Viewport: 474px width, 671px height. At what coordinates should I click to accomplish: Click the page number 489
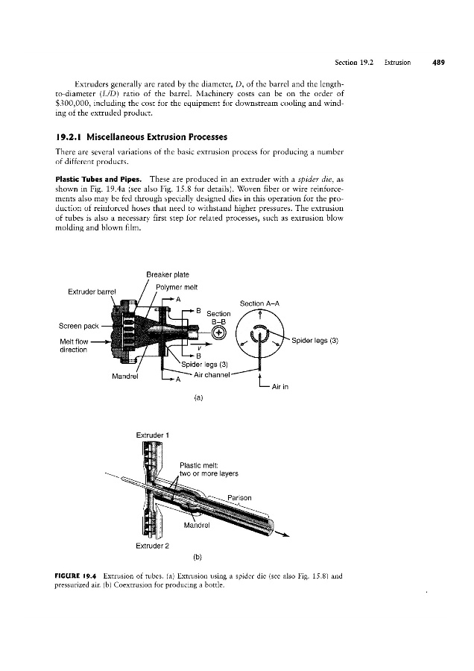(438, 63)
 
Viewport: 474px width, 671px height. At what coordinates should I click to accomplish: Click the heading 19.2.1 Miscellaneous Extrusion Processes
(141, 137)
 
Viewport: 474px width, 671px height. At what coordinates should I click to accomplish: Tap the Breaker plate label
(167, 274)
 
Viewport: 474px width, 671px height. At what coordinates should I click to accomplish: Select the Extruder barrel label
(92, 292)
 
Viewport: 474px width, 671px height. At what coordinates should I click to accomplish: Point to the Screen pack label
(78, 326)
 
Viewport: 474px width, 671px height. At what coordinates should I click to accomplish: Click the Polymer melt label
(177, 287)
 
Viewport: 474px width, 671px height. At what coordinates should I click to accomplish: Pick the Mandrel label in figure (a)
(124, 377)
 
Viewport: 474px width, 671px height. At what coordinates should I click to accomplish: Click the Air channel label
(212, 375)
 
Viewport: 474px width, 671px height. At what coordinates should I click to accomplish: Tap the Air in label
(280, 387)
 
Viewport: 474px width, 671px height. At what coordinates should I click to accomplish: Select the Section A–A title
(259, 303)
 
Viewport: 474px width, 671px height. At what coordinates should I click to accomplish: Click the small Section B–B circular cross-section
(218, 333)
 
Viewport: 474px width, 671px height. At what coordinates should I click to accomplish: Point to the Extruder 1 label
(153, 435)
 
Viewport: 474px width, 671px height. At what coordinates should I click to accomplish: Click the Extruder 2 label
(152, 546)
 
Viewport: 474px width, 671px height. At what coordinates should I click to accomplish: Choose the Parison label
(239, 498)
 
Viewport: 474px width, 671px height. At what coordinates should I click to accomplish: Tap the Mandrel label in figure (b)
(196, 525)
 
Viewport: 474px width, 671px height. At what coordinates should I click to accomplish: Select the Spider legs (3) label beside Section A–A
(315, 341)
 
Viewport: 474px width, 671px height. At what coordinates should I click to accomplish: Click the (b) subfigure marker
(197, 557)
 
